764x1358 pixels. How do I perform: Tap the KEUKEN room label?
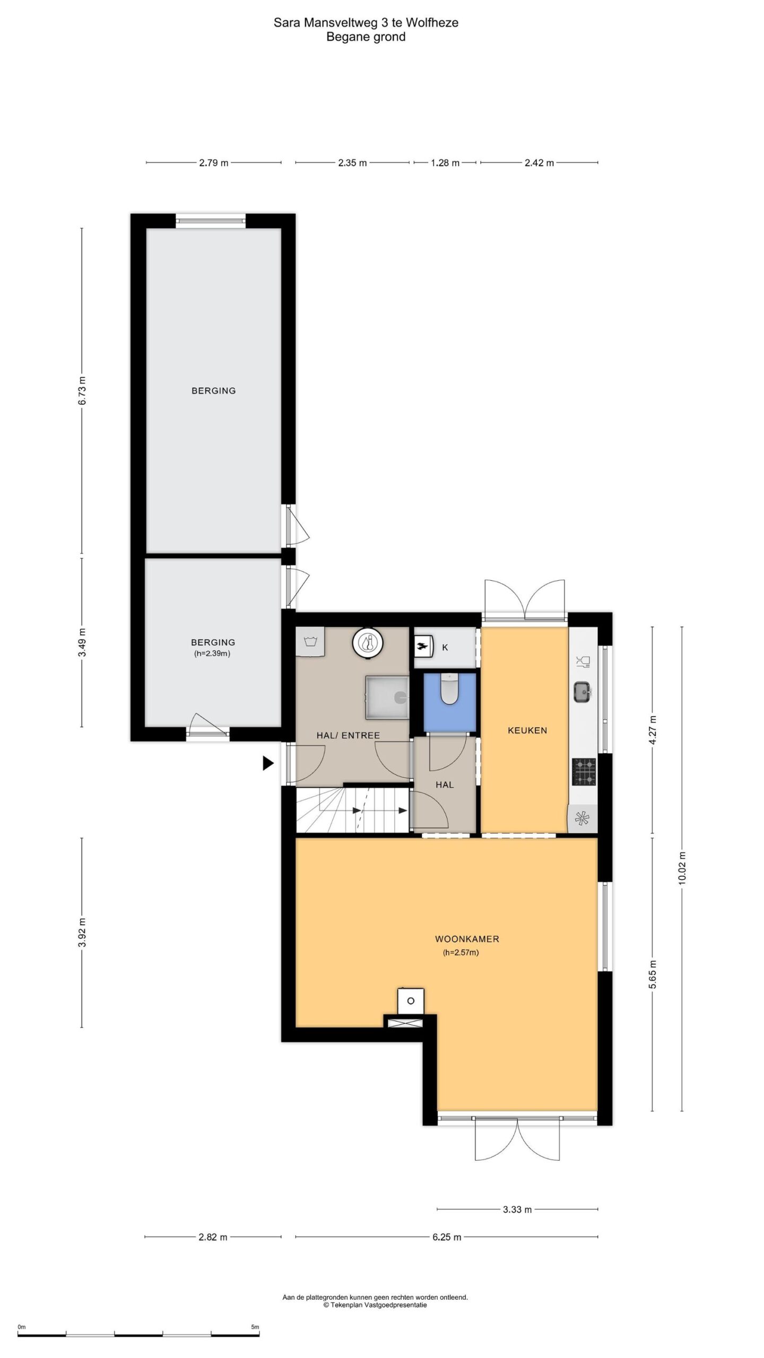[x=527, y=730]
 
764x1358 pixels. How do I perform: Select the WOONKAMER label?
[x=467, y=939]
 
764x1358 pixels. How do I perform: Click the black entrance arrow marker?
[x=268, y=763]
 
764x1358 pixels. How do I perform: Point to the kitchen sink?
[x=583, y=692]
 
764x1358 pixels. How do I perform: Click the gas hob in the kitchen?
[x=584, y=772]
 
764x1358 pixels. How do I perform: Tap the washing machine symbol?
[x=310, y=642]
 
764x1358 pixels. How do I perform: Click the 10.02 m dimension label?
[x=682, y=867]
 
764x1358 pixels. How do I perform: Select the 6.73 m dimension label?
[x=82, y=390]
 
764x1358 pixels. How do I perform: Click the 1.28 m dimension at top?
[x=445, y=163]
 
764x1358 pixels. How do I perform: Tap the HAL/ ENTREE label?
[x=348, y=735]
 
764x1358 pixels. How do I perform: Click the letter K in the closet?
[x=445, y=647]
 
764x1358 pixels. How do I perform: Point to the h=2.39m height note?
[x=212, y=654]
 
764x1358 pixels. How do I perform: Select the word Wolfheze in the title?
[x=432, y=22]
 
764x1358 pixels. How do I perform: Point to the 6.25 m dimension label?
[x=447, y=1237]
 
